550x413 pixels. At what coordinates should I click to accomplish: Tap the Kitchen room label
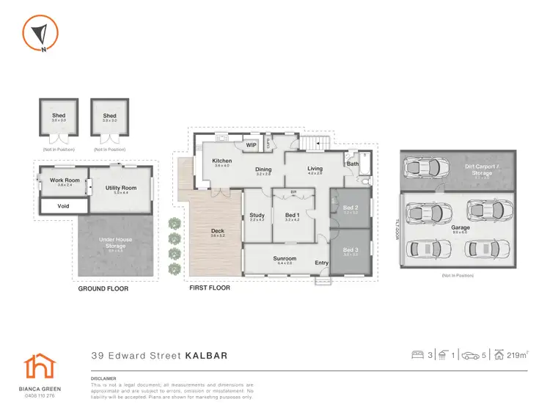click(x=222, y=161)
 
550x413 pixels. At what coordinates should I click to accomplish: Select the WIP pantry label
click(x=251, y=145)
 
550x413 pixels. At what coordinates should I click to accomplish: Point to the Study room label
click(x=257, y=215)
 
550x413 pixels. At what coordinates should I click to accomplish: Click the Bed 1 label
click(x=293, y=215)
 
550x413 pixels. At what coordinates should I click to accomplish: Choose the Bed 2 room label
click(x=350, y=208)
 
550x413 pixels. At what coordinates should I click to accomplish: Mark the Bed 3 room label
click(x=350, y=250)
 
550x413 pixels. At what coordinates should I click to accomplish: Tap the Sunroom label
click(x=285, y=258)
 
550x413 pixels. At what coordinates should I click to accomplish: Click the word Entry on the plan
click(x=322, y=263)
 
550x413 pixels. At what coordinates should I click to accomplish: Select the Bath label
click(x=353, y=164)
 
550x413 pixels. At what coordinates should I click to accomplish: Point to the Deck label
click(x=217, y=232)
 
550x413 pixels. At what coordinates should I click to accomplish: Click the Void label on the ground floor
click(x=64, y=206)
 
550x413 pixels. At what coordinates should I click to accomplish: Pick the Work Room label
click(x=65, y=180)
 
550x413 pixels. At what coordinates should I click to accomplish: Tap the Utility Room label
click(x=121, y=188)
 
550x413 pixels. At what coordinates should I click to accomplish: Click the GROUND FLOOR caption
click(x=103, y=289)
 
